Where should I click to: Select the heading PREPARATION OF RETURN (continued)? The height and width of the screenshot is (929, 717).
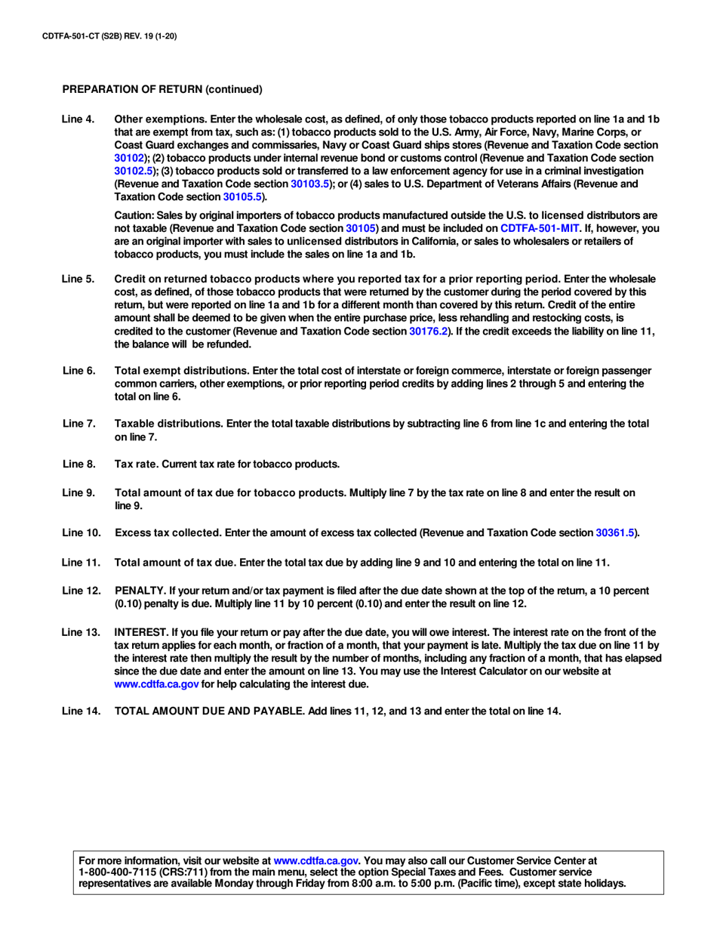coord(162,89)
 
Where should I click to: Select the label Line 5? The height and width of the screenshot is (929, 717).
coord(78,279)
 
